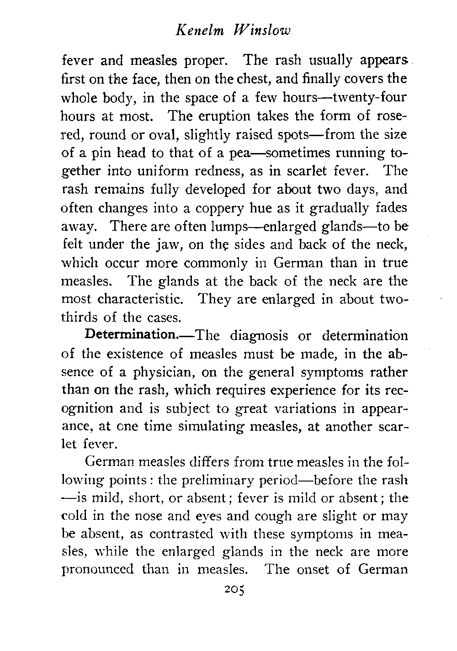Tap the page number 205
point(232,590)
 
